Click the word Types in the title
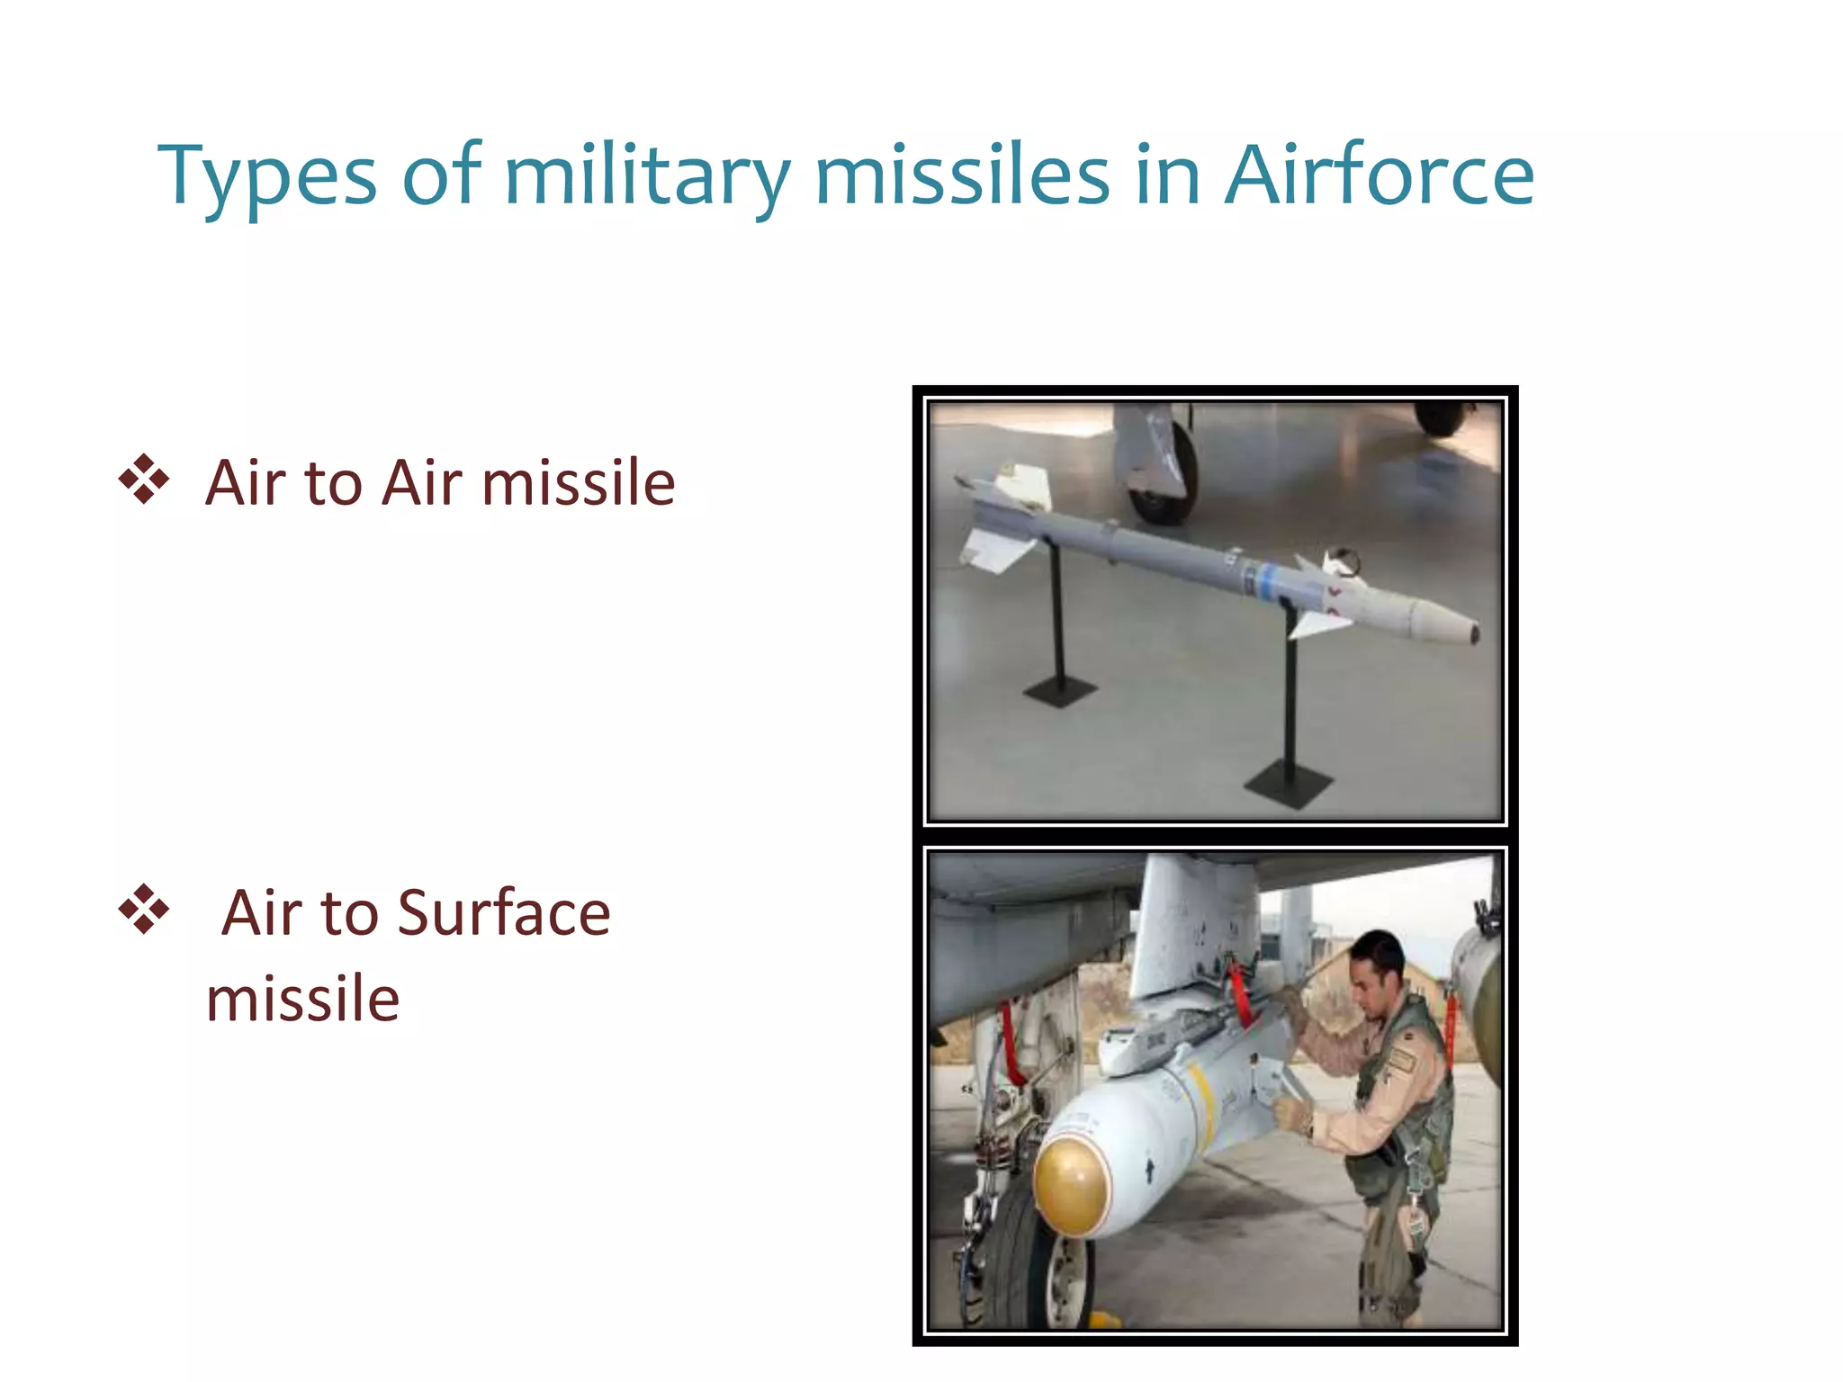[x=267, y=178]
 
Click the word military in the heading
[x=647, y=178]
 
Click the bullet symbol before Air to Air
[x=144, y=480]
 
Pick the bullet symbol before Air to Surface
[x=144, y=910]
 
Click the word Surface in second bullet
[x=504, y=913]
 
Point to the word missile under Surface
[x=302, y=999]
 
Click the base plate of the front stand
[x=1287, y=785]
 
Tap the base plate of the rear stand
[x=1059, y=691]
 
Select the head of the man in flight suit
[x=1377, y=963]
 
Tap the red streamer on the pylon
[x=1240, y=994]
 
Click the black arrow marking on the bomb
[x=1149, y=1171]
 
